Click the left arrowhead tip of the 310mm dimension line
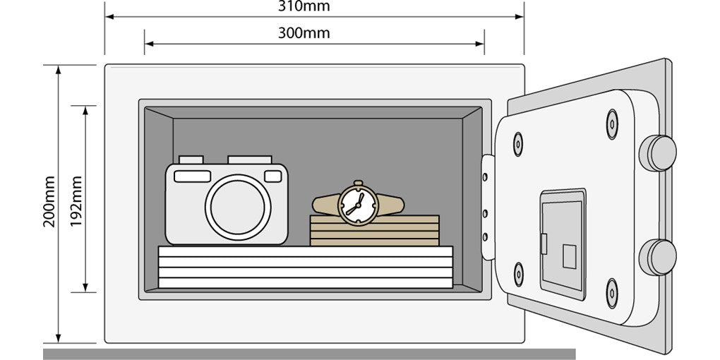click(x=106, y=17)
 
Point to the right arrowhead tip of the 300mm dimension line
click(x=484, y=44)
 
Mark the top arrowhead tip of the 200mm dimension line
click(x=59, y=66)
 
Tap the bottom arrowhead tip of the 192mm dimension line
click(x=85, y=292)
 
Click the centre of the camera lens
click(x=238, y=207)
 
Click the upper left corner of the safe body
click(x=105, y=65)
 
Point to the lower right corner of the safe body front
click(x=524, y=342)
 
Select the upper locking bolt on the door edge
click(x=658, y=153)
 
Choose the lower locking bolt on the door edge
click(x=658, y=257)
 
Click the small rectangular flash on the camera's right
click(x=273, y=176)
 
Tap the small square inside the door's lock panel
click(x=570, y=257)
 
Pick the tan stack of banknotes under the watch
click(x=375, y=231)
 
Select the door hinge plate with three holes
click(x=488, y=207)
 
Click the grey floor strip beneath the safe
click(x=309, y=354)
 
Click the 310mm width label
click(x=304, y=6)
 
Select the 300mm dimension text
click(x=304, y=33)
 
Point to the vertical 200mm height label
click(x=49, y=201)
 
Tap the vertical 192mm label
click(x=76, y=201)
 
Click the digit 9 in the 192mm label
click(x=76, y=214)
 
